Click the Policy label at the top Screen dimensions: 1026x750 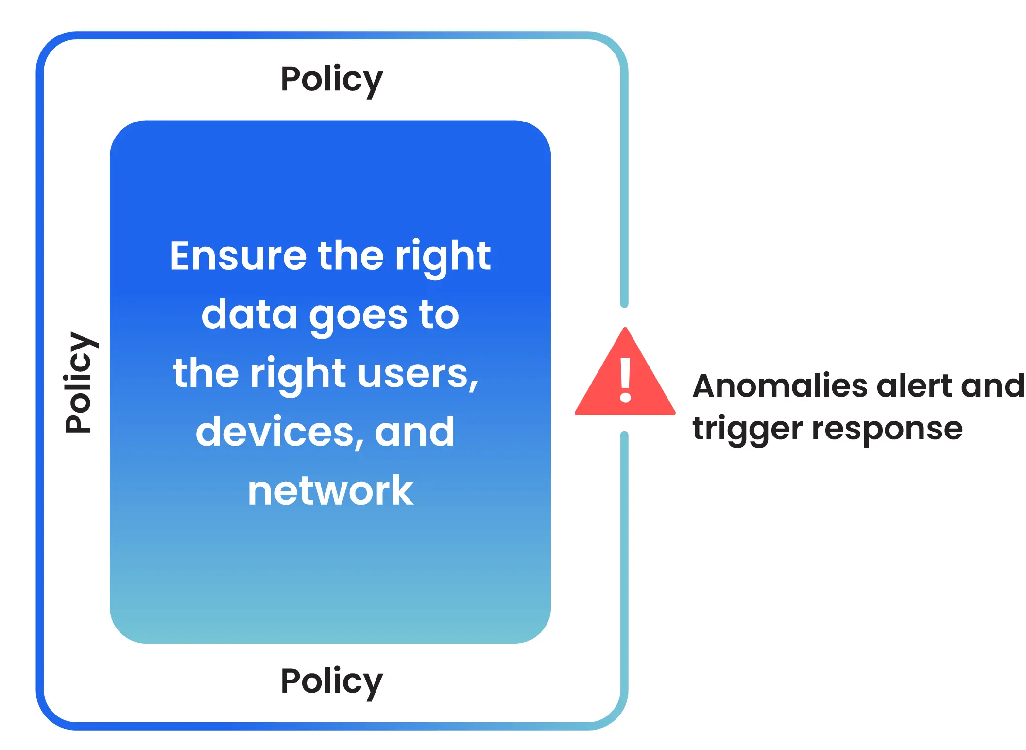pos(332,80)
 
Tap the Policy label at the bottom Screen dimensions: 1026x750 pos(332,682)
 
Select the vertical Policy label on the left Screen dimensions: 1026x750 pos(81,382)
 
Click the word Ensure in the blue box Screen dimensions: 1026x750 pos(238,256)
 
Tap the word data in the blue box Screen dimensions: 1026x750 pos(249,314)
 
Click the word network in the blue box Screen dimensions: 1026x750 pos(330,490)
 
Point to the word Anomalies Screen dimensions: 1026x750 pos(780,386)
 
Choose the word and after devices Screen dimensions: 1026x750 pos(415,432)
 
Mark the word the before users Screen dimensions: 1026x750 pos(206,373)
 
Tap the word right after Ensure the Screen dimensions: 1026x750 pos(443,257)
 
